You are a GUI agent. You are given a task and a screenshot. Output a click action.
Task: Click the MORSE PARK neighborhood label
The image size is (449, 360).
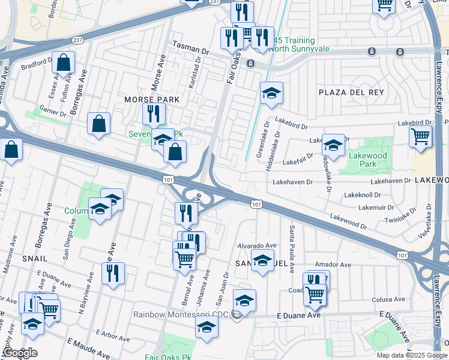[146, 99]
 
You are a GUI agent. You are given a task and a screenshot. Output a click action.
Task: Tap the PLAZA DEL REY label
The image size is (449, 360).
[351, 92]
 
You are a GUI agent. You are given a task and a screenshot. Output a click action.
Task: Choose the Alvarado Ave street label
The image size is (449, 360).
[256, 245]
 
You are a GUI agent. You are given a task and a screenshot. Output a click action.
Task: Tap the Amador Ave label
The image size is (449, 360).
[333, 265]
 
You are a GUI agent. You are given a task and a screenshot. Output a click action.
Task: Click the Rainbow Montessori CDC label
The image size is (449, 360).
[182, 314]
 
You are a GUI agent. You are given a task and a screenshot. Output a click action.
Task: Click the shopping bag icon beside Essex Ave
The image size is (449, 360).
[63, 62]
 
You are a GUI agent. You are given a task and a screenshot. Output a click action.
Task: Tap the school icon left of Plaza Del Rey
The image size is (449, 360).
[271, 92]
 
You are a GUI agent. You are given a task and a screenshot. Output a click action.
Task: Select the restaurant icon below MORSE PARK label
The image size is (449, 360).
[154, 113]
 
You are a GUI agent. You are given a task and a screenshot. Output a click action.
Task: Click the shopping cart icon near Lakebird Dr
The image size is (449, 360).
[421, 136]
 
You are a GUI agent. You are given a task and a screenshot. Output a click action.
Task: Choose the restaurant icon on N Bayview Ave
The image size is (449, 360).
[113, 272]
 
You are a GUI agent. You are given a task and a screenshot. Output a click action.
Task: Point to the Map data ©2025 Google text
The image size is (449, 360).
[411, 355]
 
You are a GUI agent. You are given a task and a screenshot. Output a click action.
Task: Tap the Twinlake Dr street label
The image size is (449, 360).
[399, 218]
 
